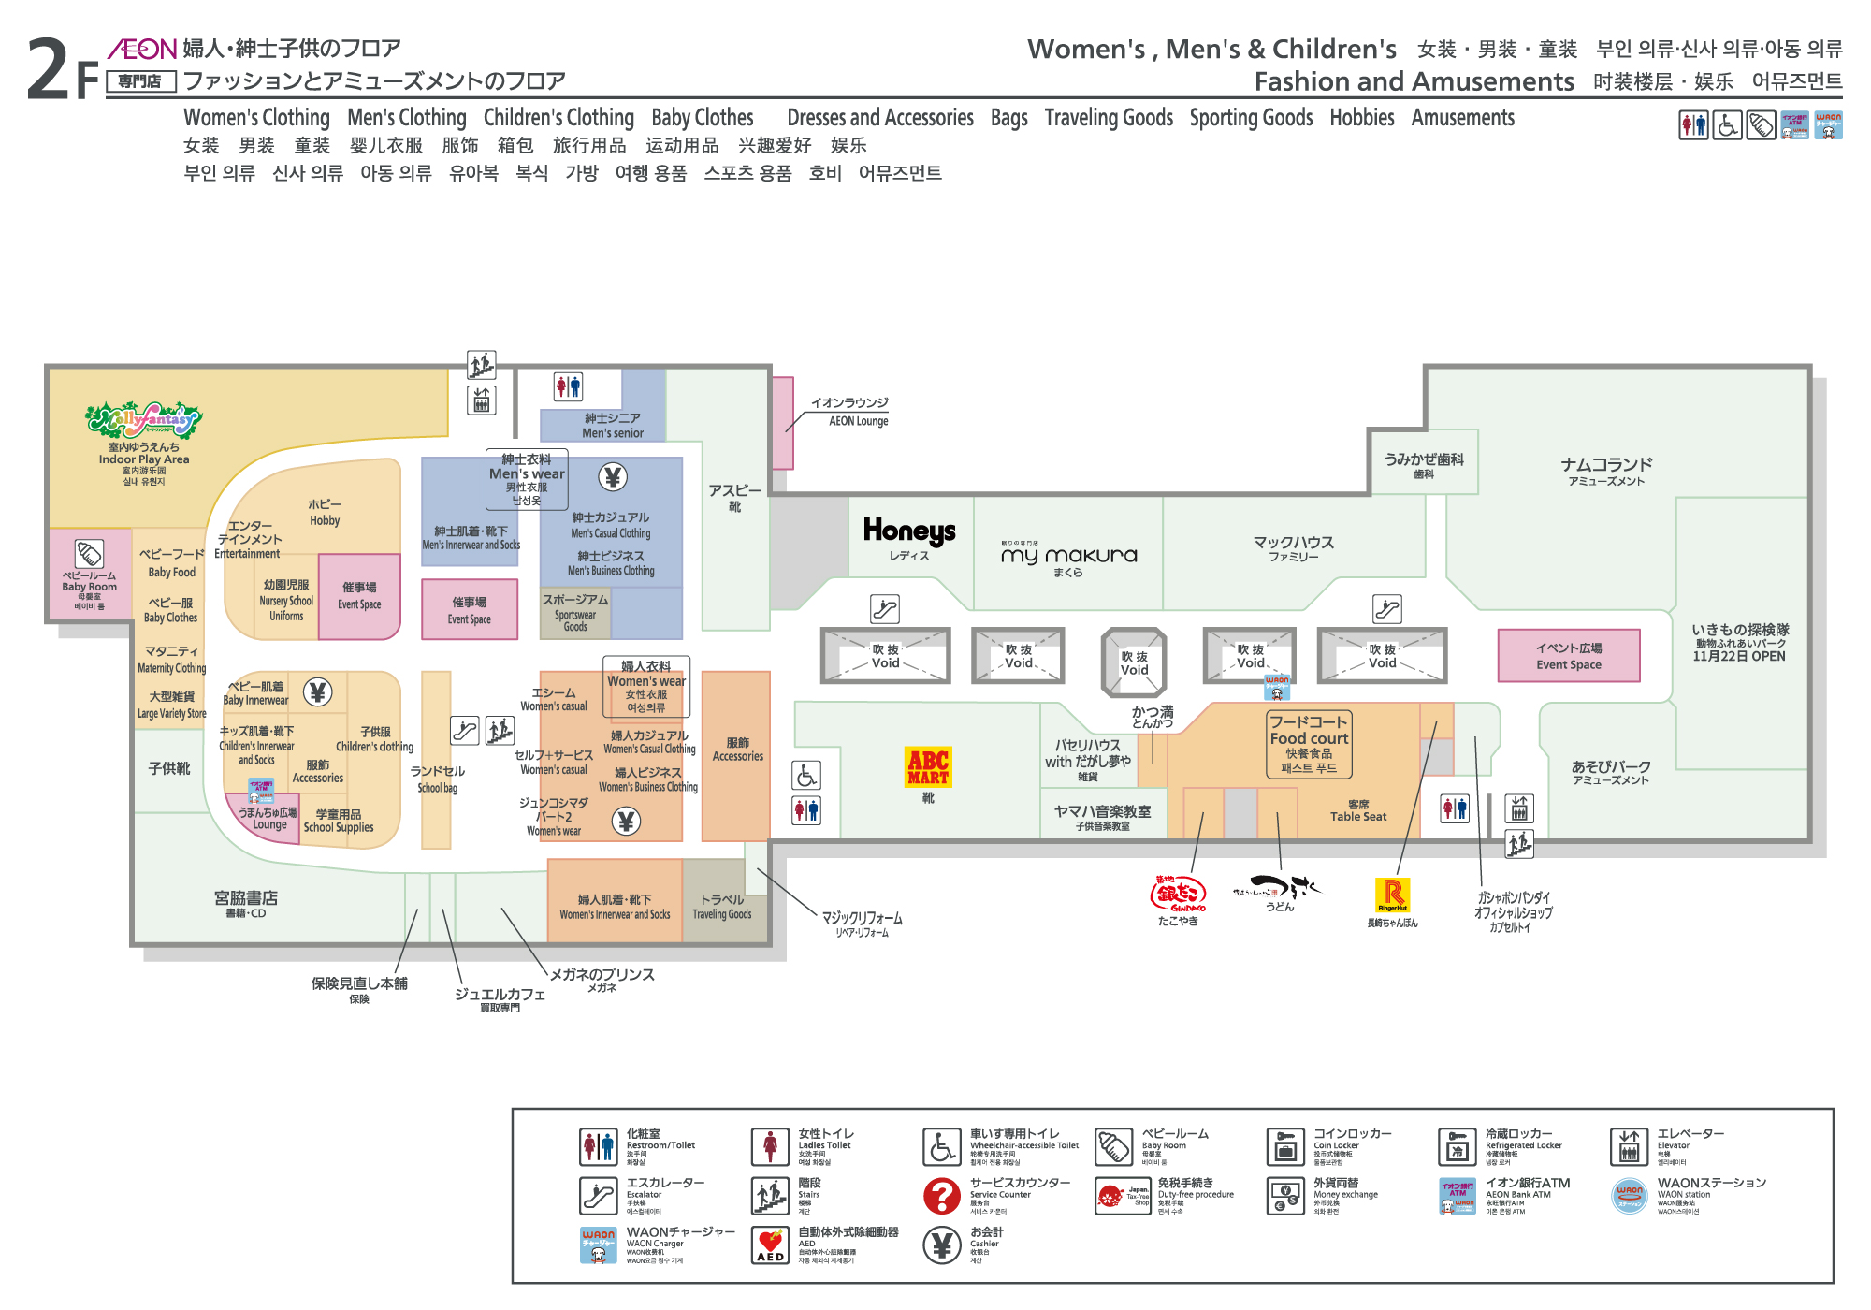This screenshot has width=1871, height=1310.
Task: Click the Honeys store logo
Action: [x=908, y=531]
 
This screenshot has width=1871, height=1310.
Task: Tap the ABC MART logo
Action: [x=928, y=766]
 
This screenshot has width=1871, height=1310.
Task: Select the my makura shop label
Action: [x=1068, y=556]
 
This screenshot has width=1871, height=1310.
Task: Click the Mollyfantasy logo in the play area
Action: [x=143, y=420]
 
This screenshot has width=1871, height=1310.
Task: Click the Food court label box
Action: [x=1309, y=744]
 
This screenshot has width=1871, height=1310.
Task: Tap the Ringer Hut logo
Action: [x=1392, y=895]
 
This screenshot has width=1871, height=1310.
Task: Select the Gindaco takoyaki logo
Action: [x=1178, y=894]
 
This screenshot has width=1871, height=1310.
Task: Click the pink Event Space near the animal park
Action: [x=1568, y=655]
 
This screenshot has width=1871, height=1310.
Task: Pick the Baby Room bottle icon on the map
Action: [x=89, y=553]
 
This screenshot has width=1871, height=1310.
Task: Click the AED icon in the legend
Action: [x=770, y=1245]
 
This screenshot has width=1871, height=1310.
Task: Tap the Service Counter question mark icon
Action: [x=941, y=1196]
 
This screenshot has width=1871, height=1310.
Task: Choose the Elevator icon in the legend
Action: [x=1629, y=1146]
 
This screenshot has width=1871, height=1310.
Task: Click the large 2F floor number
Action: [x=62, y=69]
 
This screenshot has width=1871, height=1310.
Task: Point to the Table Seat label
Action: [x=1358, y=811]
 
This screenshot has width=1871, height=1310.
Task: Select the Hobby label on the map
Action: [x=325, y=512]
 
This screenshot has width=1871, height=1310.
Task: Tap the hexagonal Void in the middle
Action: [x=1134, y=662]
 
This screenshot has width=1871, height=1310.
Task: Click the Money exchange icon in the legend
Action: [x=1285, y=1196]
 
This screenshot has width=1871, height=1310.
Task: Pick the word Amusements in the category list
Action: [x=1462, y=118]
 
